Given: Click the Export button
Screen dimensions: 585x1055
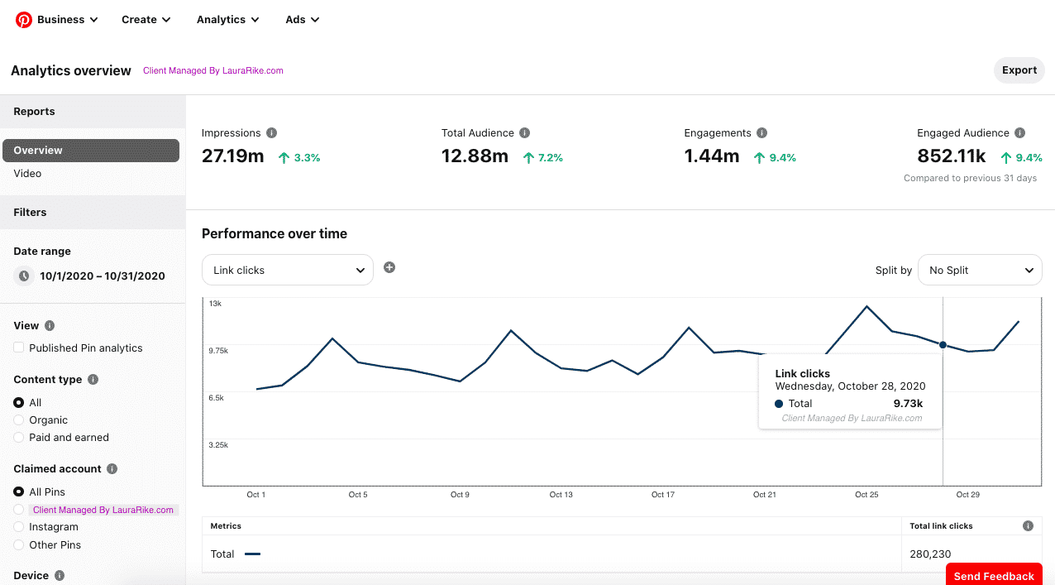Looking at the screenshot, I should pos(1019,70).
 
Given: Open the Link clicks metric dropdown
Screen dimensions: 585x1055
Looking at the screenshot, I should pos(287,270).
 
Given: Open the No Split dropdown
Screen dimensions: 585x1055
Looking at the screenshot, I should pos(980,270).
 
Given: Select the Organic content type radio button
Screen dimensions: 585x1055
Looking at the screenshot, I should pos(19,420).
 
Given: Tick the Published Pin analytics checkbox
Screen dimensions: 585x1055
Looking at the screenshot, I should pos(19,348).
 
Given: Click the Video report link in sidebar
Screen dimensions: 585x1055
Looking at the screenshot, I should pos(27,174).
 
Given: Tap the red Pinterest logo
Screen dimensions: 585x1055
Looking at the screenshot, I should pos(24,20).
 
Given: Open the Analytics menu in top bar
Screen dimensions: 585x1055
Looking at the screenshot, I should pos(227,20).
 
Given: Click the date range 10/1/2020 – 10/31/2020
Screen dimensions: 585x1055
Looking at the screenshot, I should pos(102,276).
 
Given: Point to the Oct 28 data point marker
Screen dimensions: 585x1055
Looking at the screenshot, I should pos(943,345).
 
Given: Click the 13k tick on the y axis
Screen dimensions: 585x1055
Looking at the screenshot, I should pos(215,304).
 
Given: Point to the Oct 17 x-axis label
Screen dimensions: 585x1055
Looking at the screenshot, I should pos(663,495).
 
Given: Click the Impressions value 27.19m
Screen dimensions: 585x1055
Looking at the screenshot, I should pos(232,156).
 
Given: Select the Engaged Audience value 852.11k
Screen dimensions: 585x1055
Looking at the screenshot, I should pos(951,156).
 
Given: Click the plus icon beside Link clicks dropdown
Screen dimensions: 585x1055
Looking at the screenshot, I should pos(389,267).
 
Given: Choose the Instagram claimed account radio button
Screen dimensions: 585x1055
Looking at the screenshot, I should pos(19,527).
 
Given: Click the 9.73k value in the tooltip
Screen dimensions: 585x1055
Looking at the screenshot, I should pos(908,404).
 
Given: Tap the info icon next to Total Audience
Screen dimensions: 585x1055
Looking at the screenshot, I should pos(525,133).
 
